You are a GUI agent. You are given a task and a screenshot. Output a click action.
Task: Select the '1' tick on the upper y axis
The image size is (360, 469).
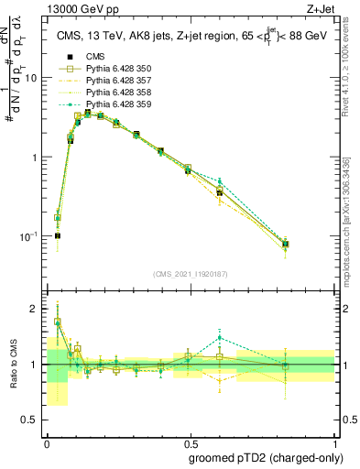tap(38, 158)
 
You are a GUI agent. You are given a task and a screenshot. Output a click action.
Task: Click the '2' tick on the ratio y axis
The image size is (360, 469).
tap(38, 309)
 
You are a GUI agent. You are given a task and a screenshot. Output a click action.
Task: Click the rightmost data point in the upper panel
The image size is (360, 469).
tap(286, 244)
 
